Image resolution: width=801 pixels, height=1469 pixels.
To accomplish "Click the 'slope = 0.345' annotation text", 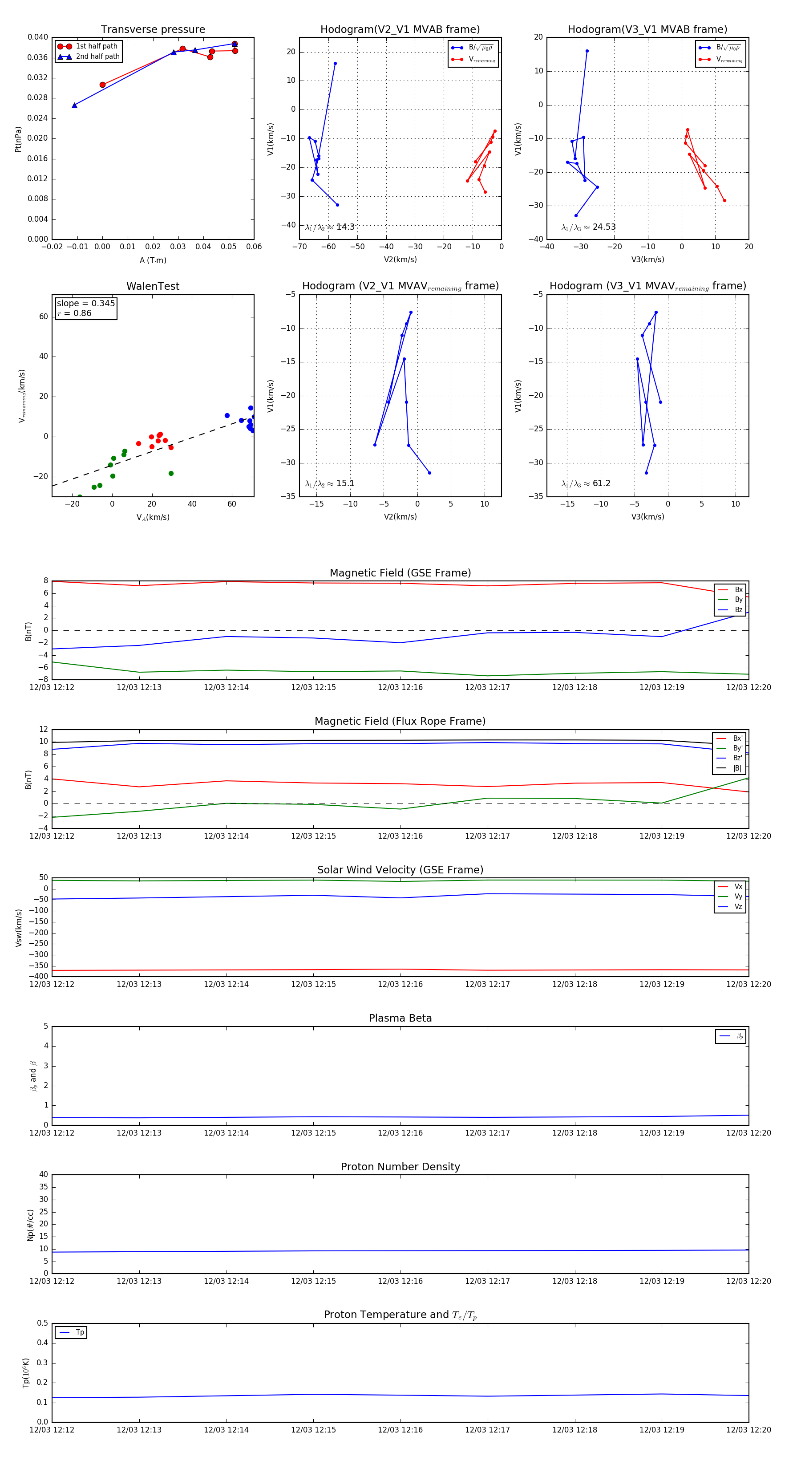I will pos(85,304).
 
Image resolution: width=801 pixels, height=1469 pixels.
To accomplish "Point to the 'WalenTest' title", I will pos(153,286).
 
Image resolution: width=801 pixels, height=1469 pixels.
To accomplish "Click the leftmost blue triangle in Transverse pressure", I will pos(75,106).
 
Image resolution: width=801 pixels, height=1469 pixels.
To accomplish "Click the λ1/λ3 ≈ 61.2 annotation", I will pos(586,483).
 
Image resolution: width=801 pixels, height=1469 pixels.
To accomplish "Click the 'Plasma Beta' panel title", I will pos(400,1018).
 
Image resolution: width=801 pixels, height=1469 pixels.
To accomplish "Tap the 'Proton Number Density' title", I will pos(400,1167).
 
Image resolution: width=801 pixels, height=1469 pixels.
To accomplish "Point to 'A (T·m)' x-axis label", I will pos(153,260).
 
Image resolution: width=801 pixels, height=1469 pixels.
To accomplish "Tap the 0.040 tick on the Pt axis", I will pos(38,37).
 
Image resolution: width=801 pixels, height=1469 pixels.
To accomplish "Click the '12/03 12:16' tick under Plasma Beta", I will pos(400,1133).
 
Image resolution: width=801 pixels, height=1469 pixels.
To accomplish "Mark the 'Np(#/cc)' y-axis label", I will pos(30,1226).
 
